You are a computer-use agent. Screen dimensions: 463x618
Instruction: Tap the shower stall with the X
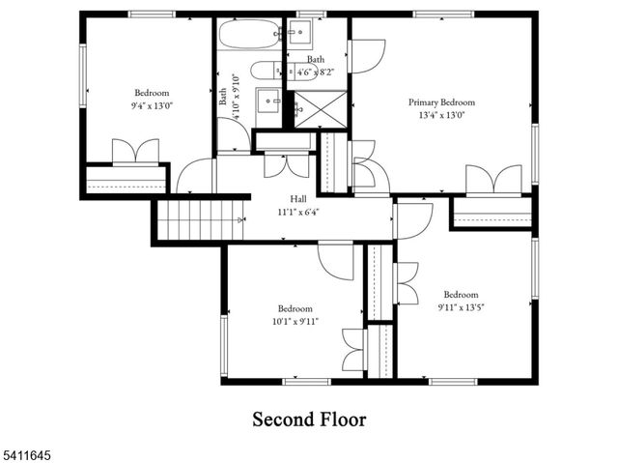[318, 107]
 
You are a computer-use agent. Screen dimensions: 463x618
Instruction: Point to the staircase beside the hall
[197, 219]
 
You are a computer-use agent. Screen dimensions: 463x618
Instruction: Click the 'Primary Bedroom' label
[441, 102]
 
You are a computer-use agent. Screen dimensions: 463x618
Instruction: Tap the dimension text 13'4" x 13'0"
[441, 116]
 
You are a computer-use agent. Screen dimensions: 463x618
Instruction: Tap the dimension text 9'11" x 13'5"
[462, 308]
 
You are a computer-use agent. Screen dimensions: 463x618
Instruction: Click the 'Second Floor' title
[309, 420]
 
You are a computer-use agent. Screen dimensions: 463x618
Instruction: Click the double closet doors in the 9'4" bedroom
[135, 153]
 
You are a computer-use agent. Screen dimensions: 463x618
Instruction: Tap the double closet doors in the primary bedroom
[492, 181]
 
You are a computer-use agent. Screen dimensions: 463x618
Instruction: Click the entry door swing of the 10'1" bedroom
[337, 258]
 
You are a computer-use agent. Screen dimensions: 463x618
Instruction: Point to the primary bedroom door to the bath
[368, 56]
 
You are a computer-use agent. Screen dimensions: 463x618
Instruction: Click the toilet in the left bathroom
[261, 70]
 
